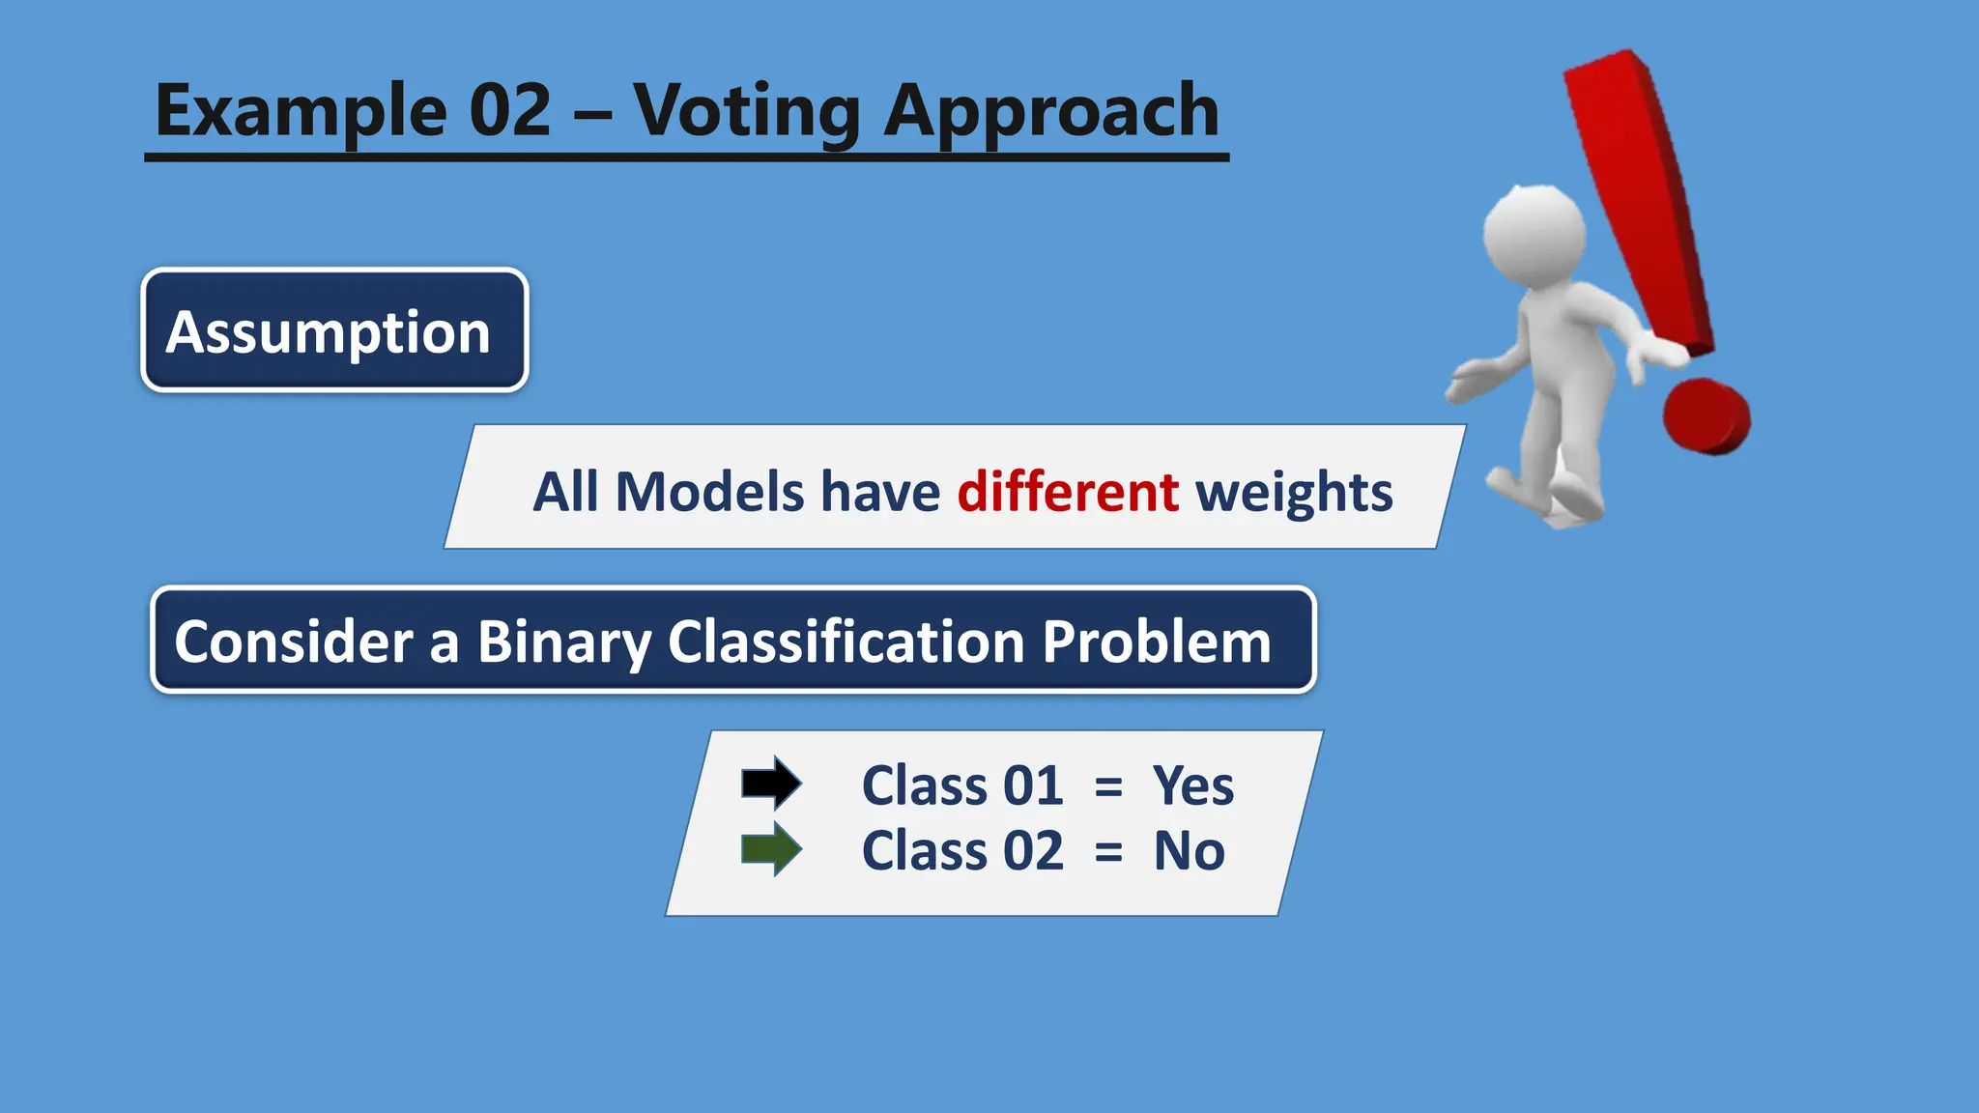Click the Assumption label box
(334, 331)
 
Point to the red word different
(1067, 492)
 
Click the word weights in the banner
(1294, 492)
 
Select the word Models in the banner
(709, 492)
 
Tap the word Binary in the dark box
(563, 642)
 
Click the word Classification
(846, 642)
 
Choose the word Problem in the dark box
(1156, 642)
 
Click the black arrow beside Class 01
(770, 784)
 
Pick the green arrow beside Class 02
(770, 849)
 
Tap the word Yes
(1192, 785)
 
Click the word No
(1189, 851)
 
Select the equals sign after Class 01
(1108, 787)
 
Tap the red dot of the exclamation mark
(1707, 416)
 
